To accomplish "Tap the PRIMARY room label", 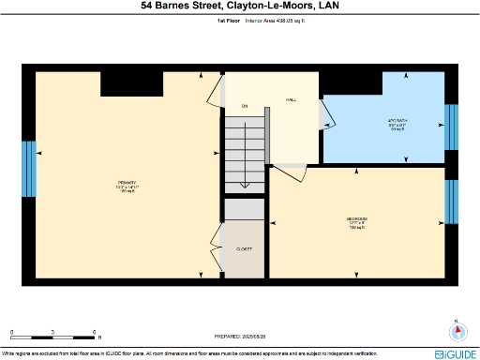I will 127,182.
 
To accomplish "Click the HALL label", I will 291,99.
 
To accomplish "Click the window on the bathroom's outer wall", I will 451,127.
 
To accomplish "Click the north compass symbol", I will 457,330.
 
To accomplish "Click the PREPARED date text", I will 241,335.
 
